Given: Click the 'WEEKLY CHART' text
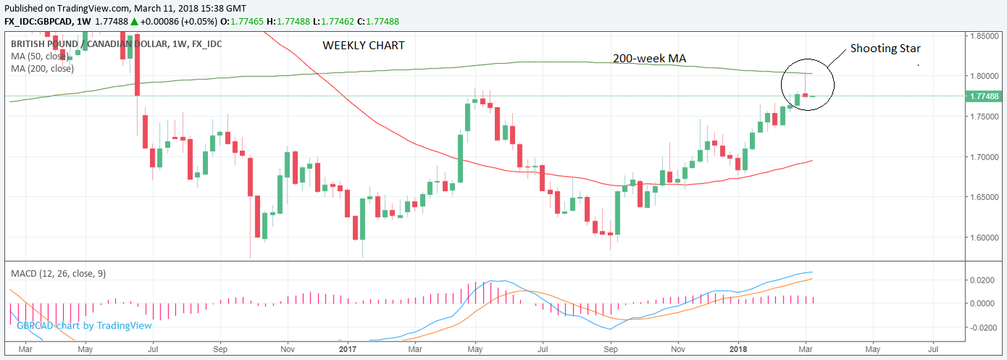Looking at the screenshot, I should click(364, 45).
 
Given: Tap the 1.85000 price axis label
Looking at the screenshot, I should click(985, 35).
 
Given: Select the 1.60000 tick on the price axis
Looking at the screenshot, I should click(985, 237).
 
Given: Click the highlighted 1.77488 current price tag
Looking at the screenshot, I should click(985, 96).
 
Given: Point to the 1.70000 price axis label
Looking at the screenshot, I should click(985, 156).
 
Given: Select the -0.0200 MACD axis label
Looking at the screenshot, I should click(982, 327).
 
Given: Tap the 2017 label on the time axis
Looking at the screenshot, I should click(348, 348).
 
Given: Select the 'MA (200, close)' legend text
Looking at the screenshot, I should click(42, 69).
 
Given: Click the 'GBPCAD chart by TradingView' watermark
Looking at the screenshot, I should click(84, 326).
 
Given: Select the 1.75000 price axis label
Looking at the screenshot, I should click(985, 116).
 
